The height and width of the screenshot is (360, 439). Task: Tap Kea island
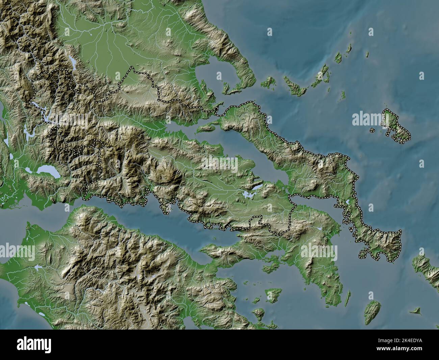click(x=373, y=310)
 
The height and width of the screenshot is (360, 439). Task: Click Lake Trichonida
click(x=45, y=171)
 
